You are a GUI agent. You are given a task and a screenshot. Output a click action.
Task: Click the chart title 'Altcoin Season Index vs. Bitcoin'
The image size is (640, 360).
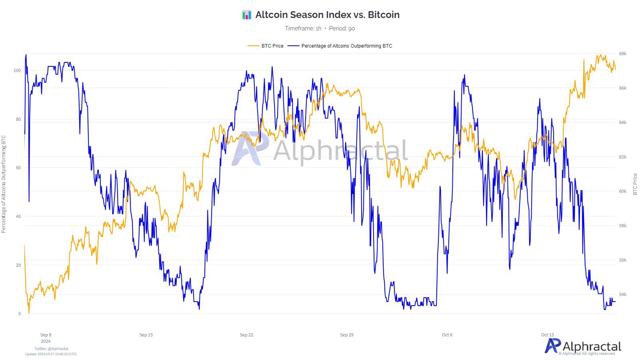(327, 15)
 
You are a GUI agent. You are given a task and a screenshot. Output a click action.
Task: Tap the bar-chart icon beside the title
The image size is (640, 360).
(247, 15)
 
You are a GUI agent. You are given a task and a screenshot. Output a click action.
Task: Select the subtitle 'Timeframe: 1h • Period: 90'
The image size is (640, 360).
(320, 28)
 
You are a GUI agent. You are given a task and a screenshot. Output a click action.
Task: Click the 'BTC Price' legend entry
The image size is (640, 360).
(272, 46)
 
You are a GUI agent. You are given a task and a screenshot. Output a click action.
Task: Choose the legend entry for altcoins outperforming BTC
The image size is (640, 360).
(346, 46)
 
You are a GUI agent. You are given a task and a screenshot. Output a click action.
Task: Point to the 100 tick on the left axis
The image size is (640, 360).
(17, 70)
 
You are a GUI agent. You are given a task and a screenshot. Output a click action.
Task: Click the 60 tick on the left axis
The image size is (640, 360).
(18, 168)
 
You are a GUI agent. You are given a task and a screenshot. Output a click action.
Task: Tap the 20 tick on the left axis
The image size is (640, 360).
(18, 265)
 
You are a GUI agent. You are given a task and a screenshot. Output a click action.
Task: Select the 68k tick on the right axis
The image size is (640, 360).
(623, 54)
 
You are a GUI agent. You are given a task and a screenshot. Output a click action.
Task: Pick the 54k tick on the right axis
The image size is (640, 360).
(623, 294)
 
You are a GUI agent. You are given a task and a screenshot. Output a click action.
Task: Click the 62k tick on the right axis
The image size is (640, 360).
(623, 157)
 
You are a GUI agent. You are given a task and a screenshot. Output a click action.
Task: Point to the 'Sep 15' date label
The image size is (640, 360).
(146, 335)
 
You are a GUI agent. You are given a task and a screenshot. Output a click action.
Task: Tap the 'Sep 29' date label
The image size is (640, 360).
(347, 335)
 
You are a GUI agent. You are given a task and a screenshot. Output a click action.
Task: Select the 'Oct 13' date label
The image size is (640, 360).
(548, 335)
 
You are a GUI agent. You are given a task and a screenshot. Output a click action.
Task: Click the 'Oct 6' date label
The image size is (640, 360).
(447, 335)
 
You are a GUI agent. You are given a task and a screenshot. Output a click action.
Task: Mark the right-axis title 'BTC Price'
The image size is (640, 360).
(635, 184)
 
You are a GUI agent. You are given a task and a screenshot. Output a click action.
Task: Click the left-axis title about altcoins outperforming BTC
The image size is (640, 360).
(4, 184)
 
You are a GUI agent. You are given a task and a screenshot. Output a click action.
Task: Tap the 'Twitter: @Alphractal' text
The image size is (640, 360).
(51, 349)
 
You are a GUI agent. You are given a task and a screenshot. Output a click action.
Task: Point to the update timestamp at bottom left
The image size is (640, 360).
(51, 354)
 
